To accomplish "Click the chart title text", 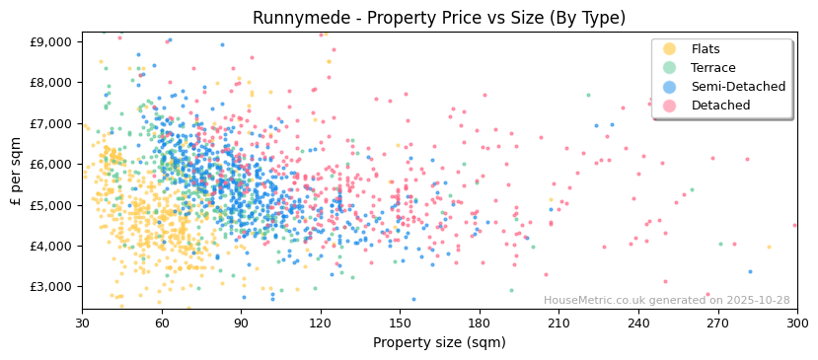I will point(439,18).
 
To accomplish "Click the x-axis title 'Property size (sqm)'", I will point(439,343).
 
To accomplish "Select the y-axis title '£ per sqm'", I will point(17,172).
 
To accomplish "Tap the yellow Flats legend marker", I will point(670,49).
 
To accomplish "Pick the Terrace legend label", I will point(711,68).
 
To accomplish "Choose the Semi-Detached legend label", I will point(738,87).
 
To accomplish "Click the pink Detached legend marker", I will point(670,106).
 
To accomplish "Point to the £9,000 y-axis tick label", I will point(48,41).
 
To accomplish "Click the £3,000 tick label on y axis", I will point(48,287).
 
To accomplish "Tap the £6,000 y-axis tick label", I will point(48,164).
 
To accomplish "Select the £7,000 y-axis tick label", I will point(48,123).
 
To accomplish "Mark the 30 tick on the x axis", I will point(82,324).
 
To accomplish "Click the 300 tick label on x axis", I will point(797,324).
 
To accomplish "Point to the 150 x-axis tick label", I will point(400,324).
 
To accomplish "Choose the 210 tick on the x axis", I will point(558,324).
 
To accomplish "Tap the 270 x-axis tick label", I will point(717,324).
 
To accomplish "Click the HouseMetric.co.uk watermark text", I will point(666,301).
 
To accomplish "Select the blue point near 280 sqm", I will point(750,272).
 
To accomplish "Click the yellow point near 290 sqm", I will point(770,248).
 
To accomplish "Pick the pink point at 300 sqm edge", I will point(795,226).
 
